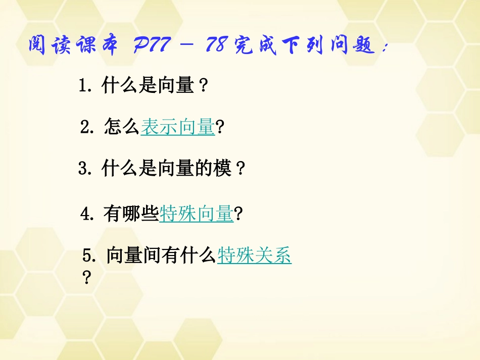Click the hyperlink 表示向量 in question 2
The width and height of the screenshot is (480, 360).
tap(178, 127)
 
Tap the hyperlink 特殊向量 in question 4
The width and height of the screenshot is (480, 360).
tap(196, 215)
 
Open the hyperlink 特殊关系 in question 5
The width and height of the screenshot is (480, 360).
tap(254, 256)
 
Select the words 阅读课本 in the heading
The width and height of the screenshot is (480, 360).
tap(74, 47)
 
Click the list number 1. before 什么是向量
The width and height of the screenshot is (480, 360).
tap(85, 86)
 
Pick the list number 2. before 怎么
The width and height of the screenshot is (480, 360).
tap(87, 127)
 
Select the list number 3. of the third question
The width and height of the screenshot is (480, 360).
tap(84, 168)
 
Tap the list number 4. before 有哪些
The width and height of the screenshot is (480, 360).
tap(87, 215)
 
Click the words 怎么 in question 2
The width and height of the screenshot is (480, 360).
tap(121, 127)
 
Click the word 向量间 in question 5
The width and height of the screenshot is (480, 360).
tap(133, 256)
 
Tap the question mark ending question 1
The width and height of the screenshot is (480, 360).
tap(203, 86)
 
